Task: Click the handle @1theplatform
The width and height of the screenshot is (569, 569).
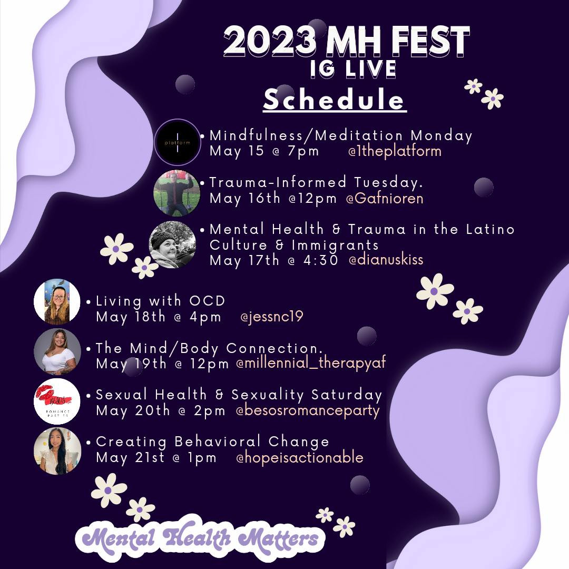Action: tap(395, 151)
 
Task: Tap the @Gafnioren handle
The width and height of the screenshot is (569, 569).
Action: tap(385, 198)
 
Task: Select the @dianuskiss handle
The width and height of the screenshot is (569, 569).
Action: tap(386, 259)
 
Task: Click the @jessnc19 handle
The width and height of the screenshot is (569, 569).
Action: tap(272, 317)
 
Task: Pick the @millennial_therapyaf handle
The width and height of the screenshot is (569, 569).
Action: tap(311, 363)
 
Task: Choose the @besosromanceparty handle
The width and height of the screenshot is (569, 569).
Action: tap(308, 410)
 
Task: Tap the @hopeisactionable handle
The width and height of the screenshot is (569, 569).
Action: tap(300, 457)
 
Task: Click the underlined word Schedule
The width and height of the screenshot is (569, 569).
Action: tap(334, 100)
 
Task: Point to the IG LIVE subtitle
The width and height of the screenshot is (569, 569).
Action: tap(353, 69)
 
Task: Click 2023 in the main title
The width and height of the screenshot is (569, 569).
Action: tap(269, 41)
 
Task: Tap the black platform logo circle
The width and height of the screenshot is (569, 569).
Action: tap(178, 142)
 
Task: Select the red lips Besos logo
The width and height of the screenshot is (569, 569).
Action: tap(57, 401)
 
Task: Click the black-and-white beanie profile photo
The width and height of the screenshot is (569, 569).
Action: tap(172, 244)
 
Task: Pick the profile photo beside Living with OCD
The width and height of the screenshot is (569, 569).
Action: tap(57, 301)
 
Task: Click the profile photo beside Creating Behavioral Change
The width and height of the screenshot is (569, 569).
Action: tap(57, 451)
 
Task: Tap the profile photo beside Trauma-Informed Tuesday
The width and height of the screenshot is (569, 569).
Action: tap(176, 193)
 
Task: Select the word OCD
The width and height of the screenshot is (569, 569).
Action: tap(207, 301)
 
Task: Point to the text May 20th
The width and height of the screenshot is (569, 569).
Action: tap(133, 410)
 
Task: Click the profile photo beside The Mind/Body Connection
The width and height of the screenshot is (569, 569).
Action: tap(57, 351)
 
